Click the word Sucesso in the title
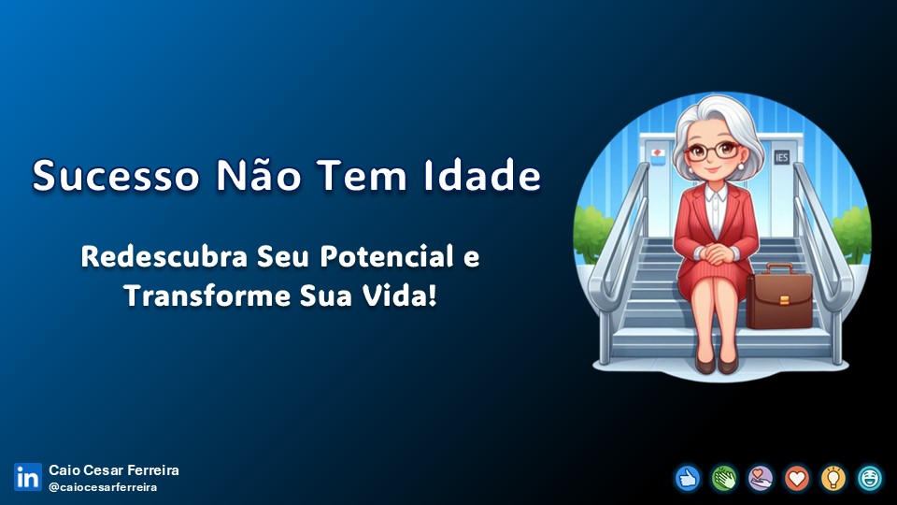116,175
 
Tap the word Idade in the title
482,175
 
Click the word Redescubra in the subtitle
164,256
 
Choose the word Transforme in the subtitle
207,296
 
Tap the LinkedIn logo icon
28,477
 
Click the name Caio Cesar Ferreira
114,470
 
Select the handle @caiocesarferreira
103,487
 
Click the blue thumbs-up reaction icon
687,478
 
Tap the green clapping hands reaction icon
723,478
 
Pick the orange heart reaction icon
797,478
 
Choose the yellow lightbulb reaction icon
833,478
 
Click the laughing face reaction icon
870,478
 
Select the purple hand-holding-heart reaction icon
761,478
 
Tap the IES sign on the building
781,157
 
